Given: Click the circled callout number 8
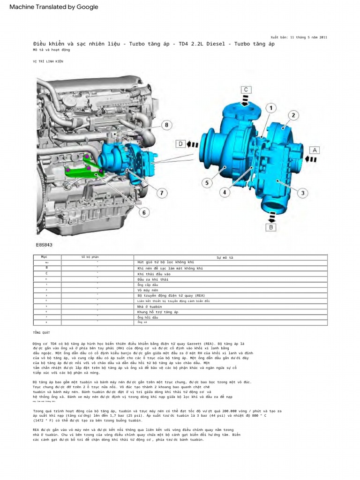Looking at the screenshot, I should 165,125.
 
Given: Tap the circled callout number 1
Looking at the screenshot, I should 270,109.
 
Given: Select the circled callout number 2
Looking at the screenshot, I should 293,115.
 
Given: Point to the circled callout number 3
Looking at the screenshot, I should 303,192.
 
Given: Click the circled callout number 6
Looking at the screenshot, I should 143,213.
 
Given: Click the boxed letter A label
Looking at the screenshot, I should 314,150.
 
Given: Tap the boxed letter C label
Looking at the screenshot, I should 247,90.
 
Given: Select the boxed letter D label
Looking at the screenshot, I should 180,144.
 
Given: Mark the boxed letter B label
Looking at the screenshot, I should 270,228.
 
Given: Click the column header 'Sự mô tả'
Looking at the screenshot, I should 225,257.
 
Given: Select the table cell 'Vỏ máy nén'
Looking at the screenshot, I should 148,290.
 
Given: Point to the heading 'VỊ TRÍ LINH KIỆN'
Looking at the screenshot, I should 48,61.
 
